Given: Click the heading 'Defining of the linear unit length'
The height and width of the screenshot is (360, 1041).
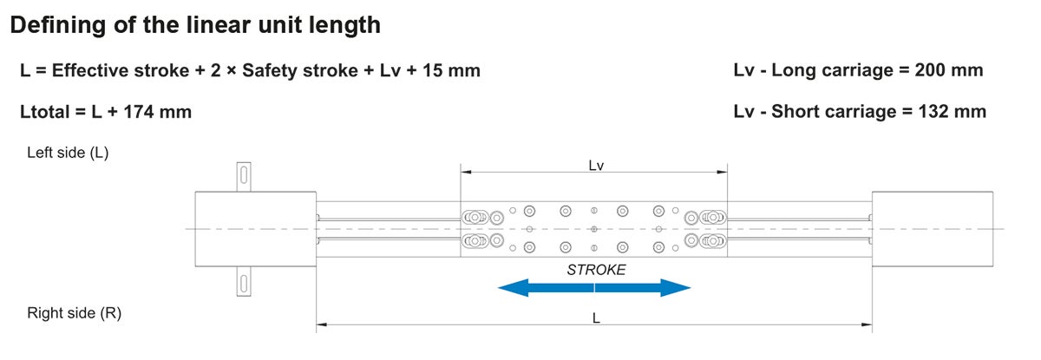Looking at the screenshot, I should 194,25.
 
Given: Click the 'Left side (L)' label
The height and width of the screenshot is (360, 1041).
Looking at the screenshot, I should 68,153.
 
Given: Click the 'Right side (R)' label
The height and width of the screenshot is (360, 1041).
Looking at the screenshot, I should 74,313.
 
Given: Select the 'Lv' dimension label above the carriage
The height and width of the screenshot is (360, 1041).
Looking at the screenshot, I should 595,165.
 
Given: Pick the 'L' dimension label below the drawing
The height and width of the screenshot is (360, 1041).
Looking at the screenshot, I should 595,318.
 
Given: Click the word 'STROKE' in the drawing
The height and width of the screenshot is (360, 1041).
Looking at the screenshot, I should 596,270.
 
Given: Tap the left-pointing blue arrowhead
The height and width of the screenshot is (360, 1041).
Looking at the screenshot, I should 512,288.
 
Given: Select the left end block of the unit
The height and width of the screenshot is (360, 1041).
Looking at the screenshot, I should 254,229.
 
